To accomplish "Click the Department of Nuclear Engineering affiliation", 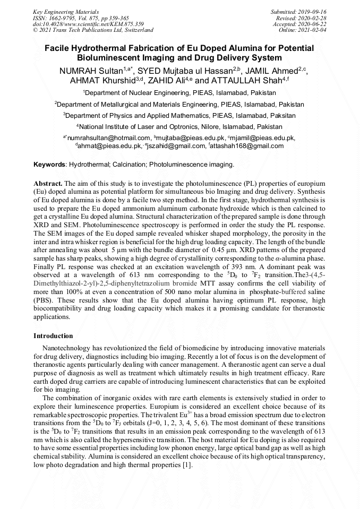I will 179,92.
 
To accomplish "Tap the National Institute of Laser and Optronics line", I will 179,127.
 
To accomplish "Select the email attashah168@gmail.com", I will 246,146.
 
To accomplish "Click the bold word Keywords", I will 50,165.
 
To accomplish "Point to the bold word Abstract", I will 49,183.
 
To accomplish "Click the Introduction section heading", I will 53,336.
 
